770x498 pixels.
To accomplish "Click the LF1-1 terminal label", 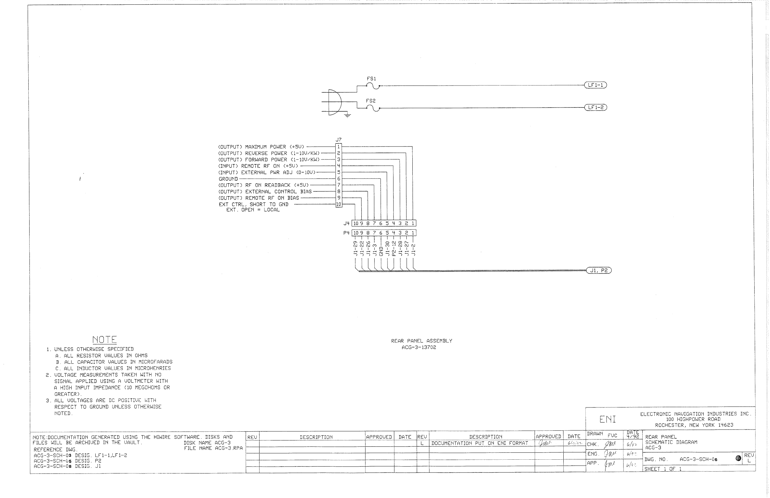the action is point(595,85).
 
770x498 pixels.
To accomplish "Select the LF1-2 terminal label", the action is point(595,107).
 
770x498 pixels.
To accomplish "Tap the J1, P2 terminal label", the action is point(599,270).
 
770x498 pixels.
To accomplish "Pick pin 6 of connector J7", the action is point(339,179).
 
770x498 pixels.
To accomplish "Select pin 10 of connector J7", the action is point(339,204).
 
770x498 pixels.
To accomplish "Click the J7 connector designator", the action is point(338,140).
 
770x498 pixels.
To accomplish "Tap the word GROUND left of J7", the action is point(228,179).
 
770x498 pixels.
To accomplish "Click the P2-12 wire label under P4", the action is point(394,248).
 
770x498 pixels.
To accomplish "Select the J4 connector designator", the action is point(347,224).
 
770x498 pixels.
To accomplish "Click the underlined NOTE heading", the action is point(104,340).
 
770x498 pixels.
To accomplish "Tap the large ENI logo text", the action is point(608,419).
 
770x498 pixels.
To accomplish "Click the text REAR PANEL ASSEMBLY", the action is point(421,341).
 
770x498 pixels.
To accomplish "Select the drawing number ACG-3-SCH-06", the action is point(699,459).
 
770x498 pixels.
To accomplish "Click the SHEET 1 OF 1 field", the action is point(663,469).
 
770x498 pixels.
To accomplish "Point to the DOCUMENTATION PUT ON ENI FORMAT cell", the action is point(480,443).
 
